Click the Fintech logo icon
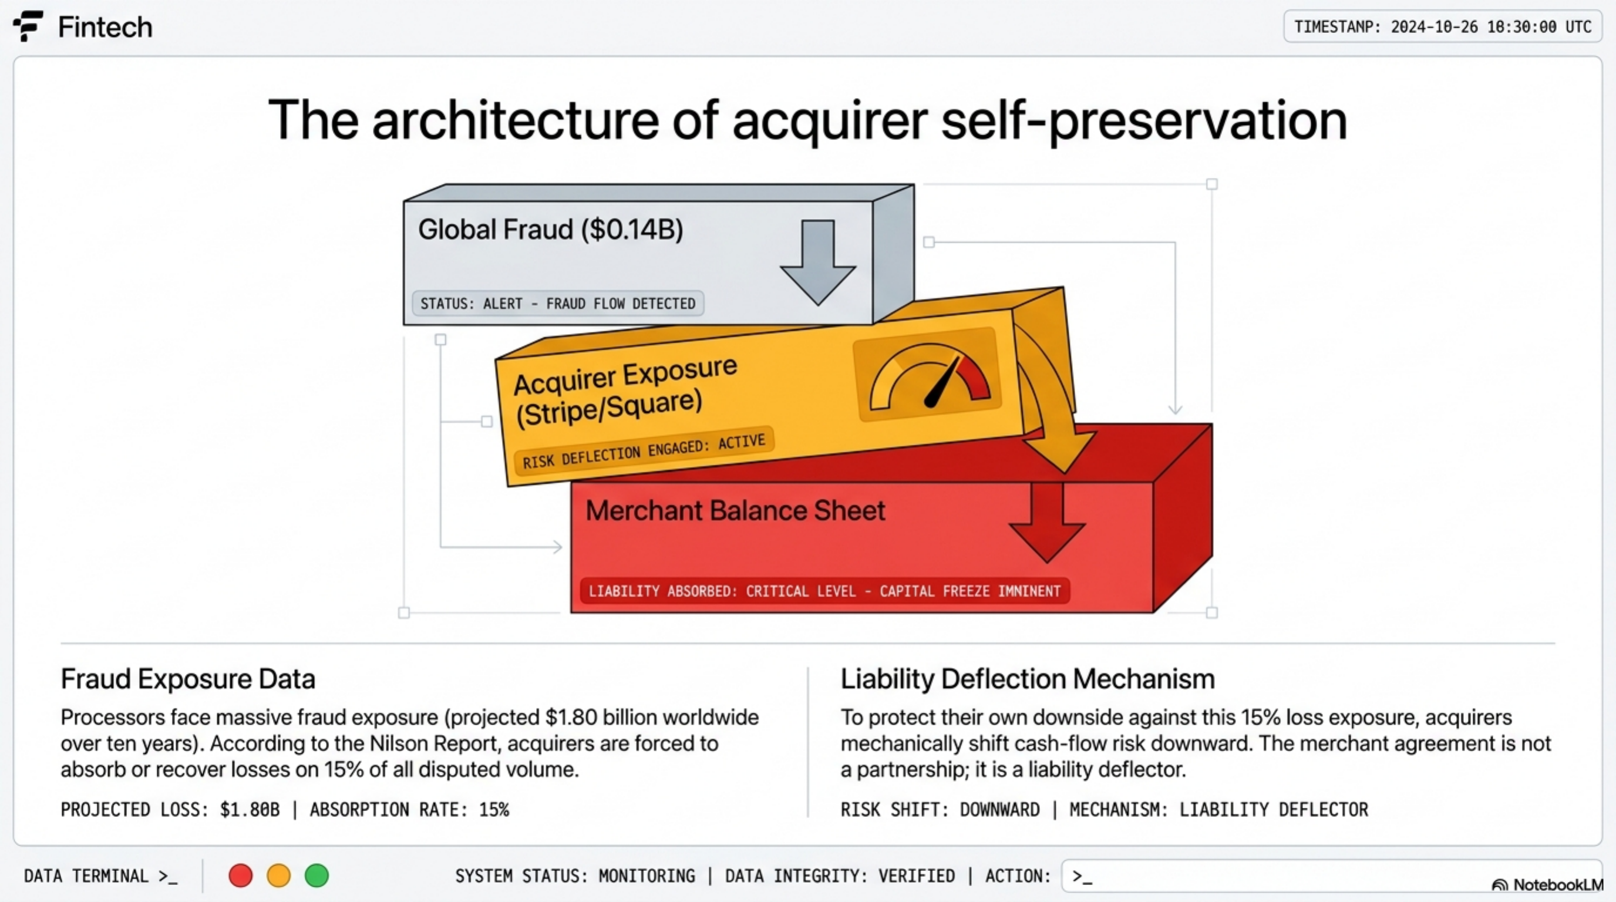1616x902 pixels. click(28, 26)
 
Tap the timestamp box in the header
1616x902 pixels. click(1443, 27)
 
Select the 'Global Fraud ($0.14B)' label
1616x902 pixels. click(550, 230)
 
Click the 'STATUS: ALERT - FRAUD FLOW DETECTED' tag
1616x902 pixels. click(558, 304)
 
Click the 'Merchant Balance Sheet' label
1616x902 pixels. click(735, 510)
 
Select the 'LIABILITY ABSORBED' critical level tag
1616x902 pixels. click(824, 591)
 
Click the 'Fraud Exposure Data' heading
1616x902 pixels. click(187, 679)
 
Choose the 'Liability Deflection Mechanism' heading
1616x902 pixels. click(1028, 679)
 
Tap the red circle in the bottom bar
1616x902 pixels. click(240, 875)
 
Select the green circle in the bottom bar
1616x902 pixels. click(317, 875)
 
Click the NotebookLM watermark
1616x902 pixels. click(1546, 884)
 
